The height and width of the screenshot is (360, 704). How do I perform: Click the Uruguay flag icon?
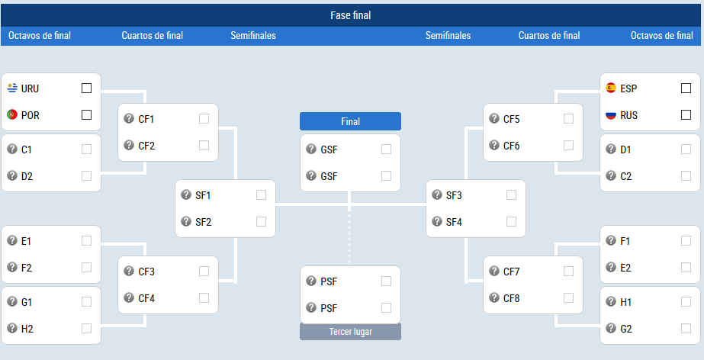pyautogui.click(x=12, y=88)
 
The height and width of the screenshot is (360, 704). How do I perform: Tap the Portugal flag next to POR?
pyautogui.click(x=12, y=115)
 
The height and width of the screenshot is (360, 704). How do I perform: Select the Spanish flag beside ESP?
pyautogui.click(x=611, y=88)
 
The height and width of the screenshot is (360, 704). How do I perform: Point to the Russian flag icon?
pyautogui.click(x=611, y=115)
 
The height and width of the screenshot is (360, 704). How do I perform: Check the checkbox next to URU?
pyautogui.click(x=87, y=88)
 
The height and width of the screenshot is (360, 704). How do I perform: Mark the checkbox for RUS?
pyautogui.click(x=686, y=115)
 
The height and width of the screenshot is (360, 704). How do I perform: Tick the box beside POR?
pyautogui.click(x=87, y=115)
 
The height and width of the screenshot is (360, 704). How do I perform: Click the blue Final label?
pyautogui.click(x=350, y=121)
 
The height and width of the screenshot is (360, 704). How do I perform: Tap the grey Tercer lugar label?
pyautogui.click(x=350, y=332)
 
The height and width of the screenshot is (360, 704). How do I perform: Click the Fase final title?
pyautogui.click(x=351, y=15)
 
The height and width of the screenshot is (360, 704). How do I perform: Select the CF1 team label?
pyautogui.click(x=146, y=119)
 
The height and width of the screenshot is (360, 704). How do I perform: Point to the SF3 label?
pyautogui.click(x=454, y=195)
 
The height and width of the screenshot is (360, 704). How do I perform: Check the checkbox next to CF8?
pyautogui.click(x=568, y=297)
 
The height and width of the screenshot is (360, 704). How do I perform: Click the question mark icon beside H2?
pyautogui.click(x=12, y=328)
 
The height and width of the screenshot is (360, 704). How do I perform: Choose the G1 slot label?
pyautogui.click(x=27, y=302)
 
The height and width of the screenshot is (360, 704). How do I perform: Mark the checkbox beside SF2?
pyautogui.click(x=261, y=222)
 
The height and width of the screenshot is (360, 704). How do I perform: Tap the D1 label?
pyautogui.click(x=626, y=149)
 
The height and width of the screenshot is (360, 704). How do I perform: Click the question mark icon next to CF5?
pyautogui.click(x=494, y=118)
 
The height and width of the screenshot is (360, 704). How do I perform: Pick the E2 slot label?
pyautogui.click(x=626, y=268)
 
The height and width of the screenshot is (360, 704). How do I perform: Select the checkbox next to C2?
pyautogui.click(x=686, y=175)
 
